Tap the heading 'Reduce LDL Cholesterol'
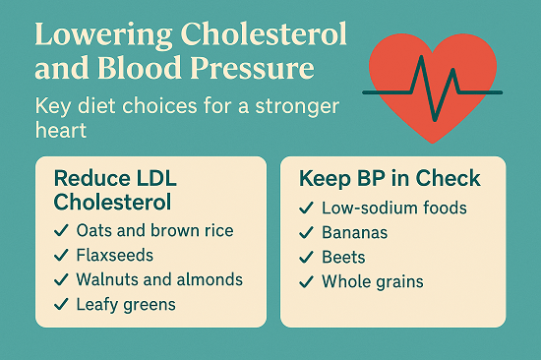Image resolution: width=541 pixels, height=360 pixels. pos(124,190)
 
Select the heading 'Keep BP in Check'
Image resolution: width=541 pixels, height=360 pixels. pos(389,178)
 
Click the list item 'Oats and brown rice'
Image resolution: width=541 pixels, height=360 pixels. pos(155,230)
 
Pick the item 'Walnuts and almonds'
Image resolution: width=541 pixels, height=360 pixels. pos(159,279)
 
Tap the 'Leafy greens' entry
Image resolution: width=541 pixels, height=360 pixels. pos(126,304)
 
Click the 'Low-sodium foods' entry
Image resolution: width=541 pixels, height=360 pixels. pos(393,208)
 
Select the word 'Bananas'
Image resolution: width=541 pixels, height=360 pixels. pos(355,233)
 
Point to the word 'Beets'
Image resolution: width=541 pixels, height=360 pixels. pos(343,258)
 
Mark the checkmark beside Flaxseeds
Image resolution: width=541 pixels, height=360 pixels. pos(62,256)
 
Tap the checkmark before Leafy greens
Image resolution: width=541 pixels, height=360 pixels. pos(62,305)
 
